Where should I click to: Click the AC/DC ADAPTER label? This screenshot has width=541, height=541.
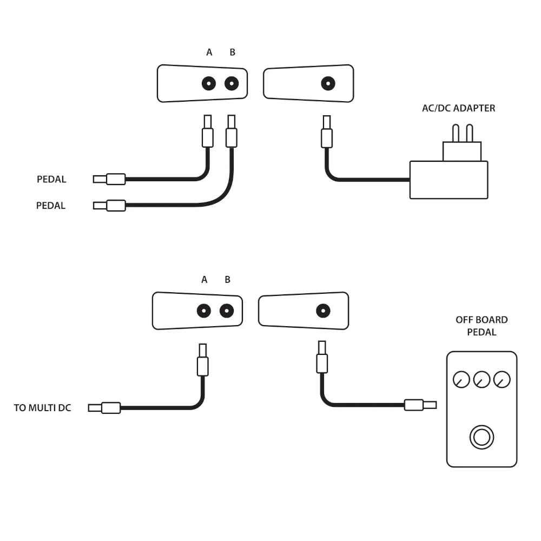[458, 108]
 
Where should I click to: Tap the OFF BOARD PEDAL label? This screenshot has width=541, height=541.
[481, 326]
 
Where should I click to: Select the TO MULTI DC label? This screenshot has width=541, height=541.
[42, 408]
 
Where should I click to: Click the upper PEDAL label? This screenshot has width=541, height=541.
[51, 179]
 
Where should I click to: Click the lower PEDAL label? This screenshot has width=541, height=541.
[51, 206]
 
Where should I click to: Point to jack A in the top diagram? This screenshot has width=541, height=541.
[209, 83]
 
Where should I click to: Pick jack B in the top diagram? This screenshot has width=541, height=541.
[232, 83]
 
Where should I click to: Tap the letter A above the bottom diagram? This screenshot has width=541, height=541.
[204, 280]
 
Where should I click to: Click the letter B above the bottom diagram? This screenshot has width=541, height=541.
[227, 280]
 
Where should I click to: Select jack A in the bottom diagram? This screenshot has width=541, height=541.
[203, 311]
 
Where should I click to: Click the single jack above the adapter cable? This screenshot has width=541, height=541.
[328, 83]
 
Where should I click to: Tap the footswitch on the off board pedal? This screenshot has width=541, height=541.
[481, 437]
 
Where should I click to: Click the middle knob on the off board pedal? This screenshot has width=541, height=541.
[481, 379]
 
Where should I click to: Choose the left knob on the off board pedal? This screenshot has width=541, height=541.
[461, 379]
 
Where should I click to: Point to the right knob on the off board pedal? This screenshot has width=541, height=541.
[502, 379]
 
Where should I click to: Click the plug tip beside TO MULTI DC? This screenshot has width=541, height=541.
[94, 408]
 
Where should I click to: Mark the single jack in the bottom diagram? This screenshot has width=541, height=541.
[323, 311]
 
